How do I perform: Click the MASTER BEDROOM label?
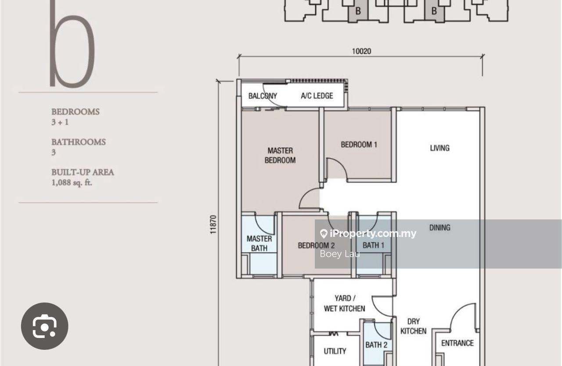pos(280,155)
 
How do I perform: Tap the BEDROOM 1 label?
pos(359,145)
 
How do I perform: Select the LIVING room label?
pos(440,148)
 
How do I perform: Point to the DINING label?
pos(440,228)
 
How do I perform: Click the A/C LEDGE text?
pos(317,96)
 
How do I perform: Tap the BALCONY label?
pos(263,96)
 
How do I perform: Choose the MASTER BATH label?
pos(259,244)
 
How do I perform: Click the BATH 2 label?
pos(376,345)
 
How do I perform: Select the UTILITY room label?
pos(335,351)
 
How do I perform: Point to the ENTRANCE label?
pos(458,343)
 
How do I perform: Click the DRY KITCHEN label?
pos(414,326)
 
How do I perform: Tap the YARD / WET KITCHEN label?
pos(345,303)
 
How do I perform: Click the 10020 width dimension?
pos(361,51)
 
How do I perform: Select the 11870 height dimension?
pos(213,225)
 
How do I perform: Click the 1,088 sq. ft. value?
pos(72,183)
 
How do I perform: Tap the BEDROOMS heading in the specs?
pos(76,111)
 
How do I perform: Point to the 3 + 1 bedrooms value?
pos(60,122)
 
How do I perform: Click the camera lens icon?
pos(45,326)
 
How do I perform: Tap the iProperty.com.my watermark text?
pos(373,233)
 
